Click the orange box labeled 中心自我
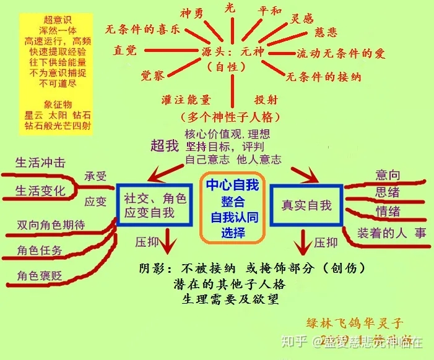[232, 208]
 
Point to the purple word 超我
[164, 146]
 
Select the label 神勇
[192, 13]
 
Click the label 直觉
[125, 51]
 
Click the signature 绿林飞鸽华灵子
[355, 323]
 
